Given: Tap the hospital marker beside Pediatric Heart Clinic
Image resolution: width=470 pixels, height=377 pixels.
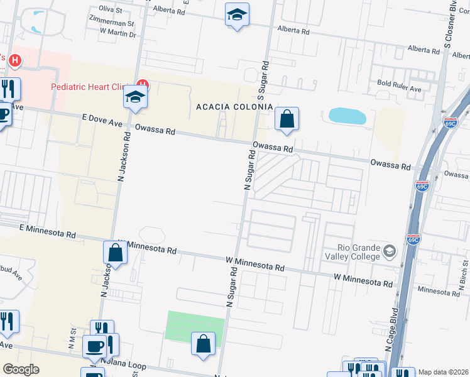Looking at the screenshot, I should point(143,84).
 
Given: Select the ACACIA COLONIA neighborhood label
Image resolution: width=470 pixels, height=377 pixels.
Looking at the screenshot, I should point(234,107).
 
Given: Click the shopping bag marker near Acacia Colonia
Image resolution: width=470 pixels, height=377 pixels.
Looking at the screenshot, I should point(287,119).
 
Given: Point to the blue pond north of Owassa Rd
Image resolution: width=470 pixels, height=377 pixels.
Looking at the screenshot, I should point(347,116).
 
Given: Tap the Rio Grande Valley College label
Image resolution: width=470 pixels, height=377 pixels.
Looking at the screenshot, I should point(352,252).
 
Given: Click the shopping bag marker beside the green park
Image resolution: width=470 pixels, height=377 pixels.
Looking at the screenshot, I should point(203,344).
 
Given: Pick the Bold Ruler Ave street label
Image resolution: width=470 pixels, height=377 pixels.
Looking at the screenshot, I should point(399,89).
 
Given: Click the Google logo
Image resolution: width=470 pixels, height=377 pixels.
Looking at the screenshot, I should point(21,369).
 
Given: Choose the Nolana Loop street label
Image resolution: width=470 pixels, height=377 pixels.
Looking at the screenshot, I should point(126,366).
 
